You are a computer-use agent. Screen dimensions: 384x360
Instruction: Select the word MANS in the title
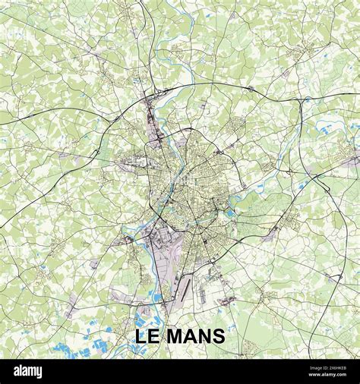[197, 336]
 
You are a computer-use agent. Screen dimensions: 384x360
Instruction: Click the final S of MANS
[219, 336]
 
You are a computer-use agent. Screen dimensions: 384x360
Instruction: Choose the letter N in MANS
[205, 336]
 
